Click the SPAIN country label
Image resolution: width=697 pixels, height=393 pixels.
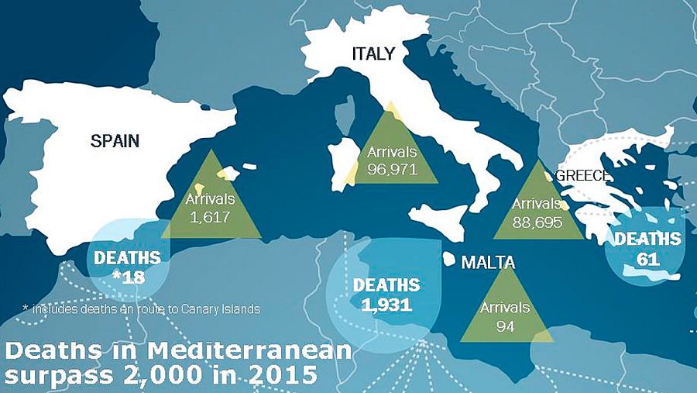[115, 140]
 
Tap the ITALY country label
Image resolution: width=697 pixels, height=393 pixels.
[373, 53]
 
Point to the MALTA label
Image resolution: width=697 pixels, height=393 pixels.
[488, 263]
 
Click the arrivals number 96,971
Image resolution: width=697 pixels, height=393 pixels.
[393, 168]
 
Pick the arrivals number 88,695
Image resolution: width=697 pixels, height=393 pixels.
[538, 221]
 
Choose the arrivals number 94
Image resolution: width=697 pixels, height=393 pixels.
[505, 325]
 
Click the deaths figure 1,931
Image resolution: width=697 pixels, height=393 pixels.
[386, 303]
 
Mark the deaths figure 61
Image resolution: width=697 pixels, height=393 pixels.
[647, 257]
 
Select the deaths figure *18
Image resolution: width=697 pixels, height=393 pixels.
[127, 276]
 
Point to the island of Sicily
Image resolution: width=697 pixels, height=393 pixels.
[441, 214]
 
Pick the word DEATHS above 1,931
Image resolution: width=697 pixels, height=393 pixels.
[386, 284]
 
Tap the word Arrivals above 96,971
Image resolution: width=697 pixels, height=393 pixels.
[393, 150]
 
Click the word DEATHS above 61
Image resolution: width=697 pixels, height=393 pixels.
[647, 239]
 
